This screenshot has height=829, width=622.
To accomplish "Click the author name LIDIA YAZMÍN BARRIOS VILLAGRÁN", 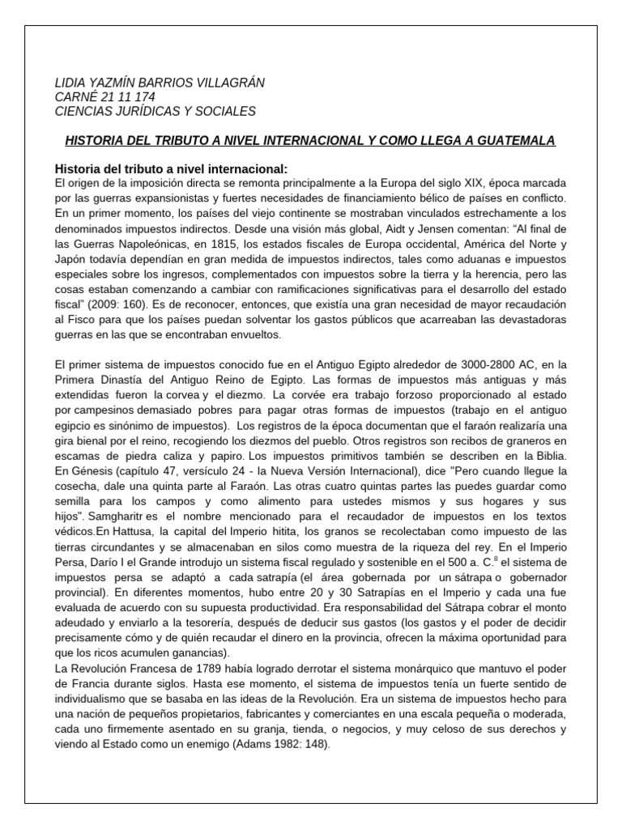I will click(159, 83).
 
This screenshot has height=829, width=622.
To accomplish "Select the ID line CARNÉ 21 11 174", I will click(104, 97).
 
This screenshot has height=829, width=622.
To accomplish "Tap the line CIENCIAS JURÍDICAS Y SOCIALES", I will click(155, 111).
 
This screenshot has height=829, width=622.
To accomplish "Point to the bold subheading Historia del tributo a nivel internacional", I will click(170, 168).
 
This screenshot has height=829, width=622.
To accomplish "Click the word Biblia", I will click(547, 455).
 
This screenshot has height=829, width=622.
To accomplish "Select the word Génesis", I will click(96, 470).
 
